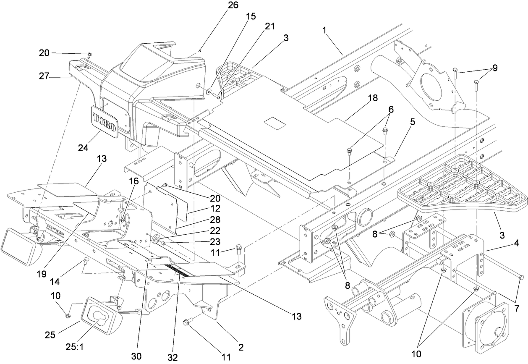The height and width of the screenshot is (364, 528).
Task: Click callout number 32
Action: click(x=173, y=357)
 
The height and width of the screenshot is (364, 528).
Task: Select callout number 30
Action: click(x=136, y=356)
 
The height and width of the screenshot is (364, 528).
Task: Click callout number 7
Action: click(x=517, y=296)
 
